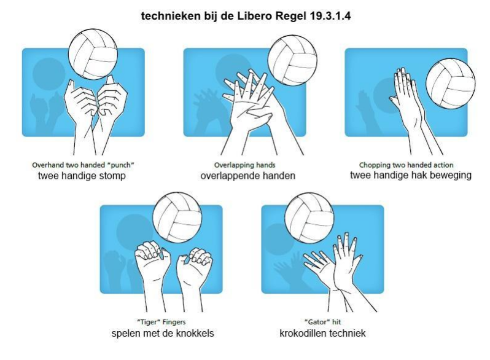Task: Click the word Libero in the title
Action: pos(254,15)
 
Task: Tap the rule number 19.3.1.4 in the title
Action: pos(330,15)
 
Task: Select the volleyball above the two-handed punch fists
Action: pos(93,55)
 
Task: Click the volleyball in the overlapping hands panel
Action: pos(292,60)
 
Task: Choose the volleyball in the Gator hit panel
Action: pos(309,217)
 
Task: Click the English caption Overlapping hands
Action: pos(244,165)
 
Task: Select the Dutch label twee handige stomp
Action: pos(82,176)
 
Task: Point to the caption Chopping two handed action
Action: pos(406,165)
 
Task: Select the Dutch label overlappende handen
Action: pos(248,176)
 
